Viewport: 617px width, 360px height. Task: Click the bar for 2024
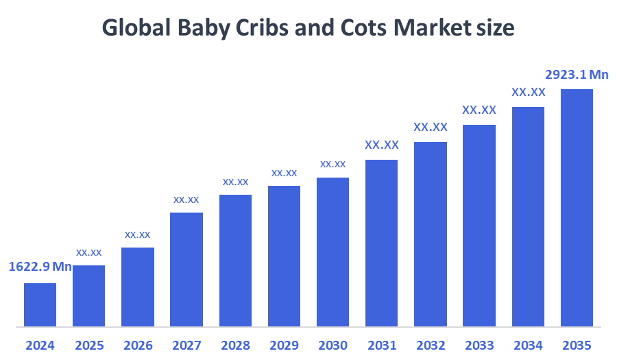click(x=40, y=304)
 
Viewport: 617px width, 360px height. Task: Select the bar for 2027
click(x=186, y=269)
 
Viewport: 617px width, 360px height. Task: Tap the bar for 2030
click(x=332, y=252)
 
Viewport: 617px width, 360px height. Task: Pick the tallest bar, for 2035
click(x=577, y=208)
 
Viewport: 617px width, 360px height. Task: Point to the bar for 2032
click(x=431, y=234)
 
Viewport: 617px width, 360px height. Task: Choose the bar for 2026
click(x=138, y=287)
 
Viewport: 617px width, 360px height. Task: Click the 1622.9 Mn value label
click(x=40, y=267)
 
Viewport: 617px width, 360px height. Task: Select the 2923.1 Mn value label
click(x=577, y=75)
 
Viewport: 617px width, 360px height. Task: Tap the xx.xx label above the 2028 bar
click(x=235, y=182)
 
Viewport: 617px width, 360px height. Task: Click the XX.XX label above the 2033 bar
click(x=479, y=110)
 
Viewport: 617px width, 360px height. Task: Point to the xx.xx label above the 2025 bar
click(x=89, y=252)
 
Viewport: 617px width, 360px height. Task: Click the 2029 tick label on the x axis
click(x=284, y=345)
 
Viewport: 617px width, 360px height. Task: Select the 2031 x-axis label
click(x=382, y=345)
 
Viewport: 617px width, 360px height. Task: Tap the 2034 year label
click(x=528, y=345)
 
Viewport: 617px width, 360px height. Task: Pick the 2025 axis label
click(x=89, y=345)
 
